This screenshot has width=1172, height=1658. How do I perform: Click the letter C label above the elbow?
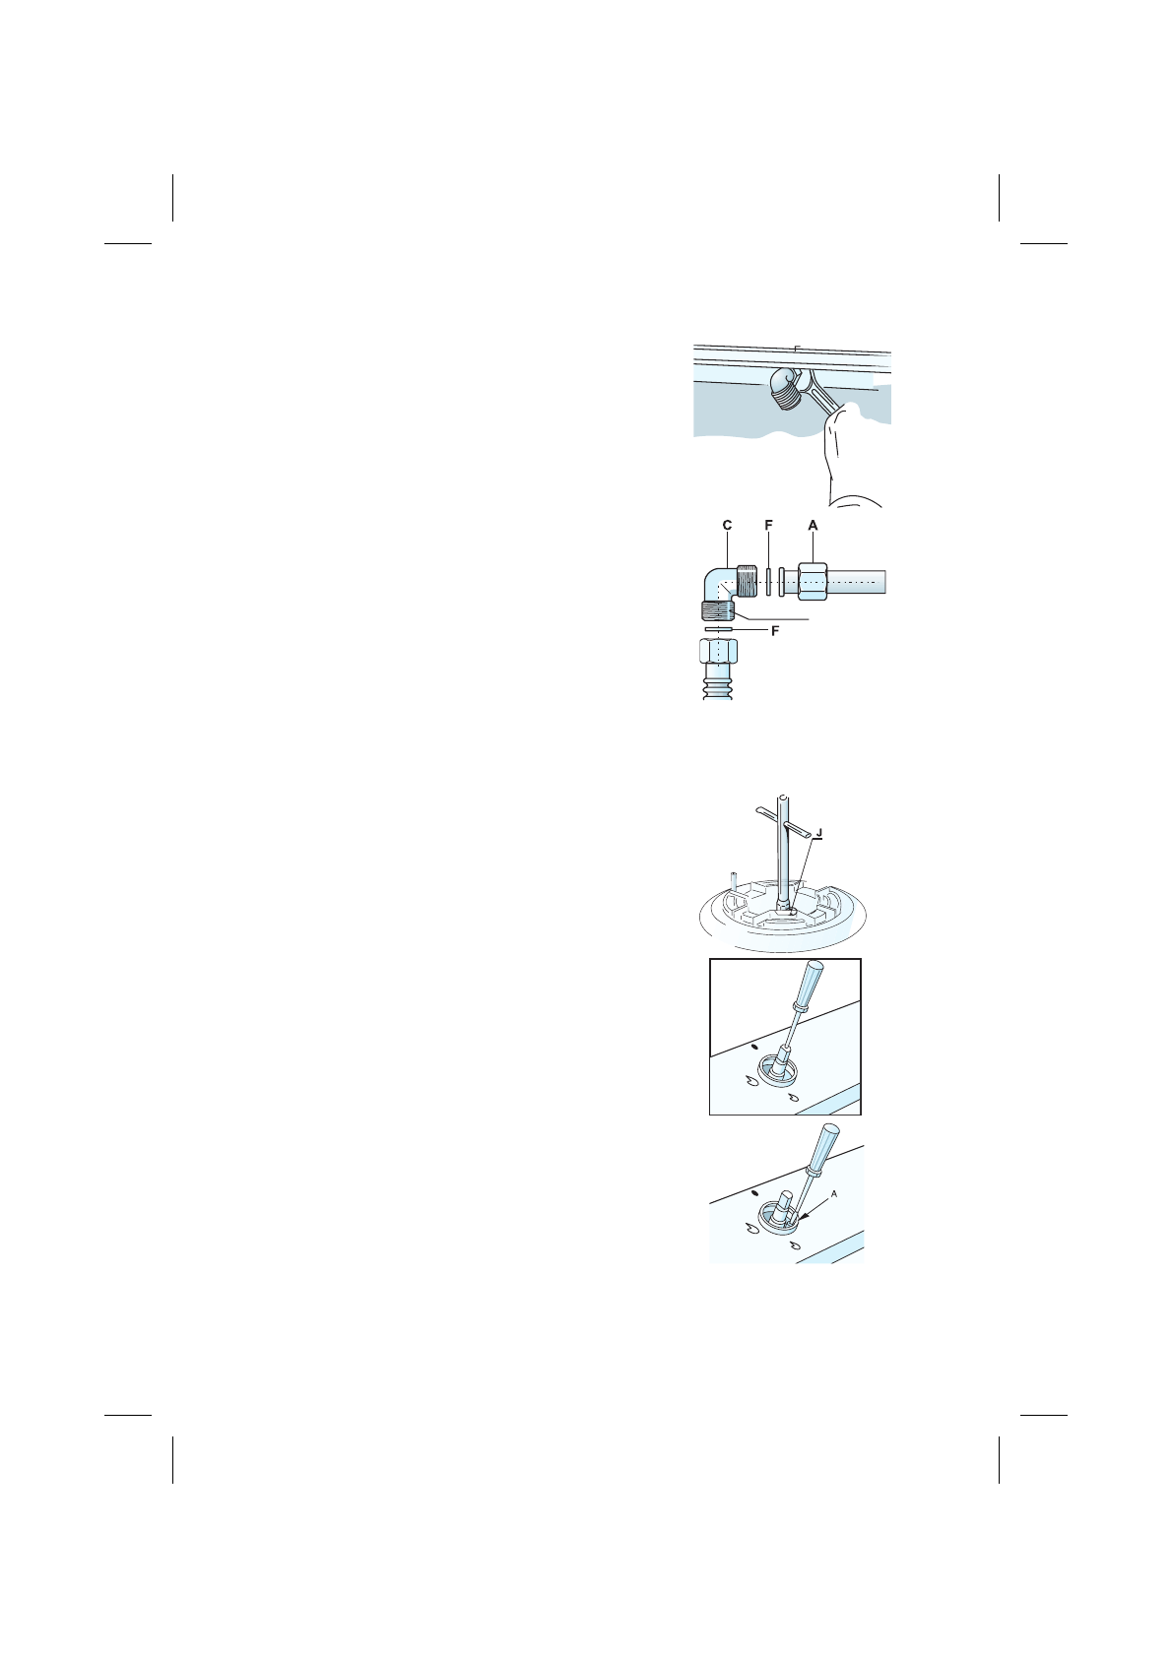727,526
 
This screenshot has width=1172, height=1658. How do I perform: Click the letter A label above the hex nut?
813,526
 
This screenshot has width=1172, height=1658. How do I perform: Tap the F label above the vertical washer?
768,526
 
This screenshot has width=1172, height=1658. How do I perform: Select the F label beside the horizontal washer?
775,631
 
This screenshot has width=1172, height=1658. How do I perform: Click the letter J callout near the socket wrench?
819,833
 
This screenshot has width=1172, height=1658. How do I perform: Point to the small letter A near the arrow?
833,1193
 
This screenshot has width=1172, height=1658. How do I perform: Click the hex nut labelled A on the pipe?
813,582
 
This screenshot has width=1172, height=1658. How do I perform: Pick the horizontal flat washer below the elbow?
719,628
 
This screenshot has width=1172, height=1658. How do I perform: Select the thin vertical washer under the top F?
768,582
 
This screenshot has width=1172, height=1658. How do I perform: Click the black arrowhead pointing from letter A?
806,1217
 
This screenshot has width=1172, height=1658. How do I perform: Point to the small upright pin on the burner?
732,878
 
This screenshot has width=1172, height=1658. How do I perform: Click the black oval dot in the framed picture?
754,1048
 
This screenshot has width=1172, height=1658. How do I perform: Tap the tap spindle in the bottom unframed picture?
786,1206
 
